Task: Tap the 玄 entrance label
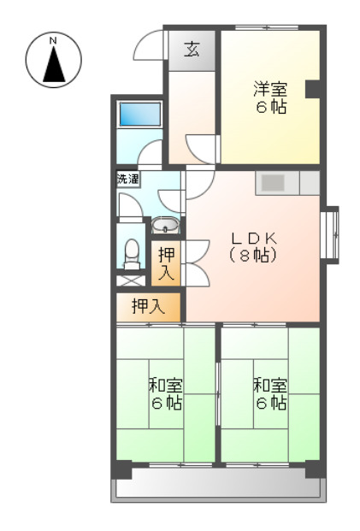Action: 192,50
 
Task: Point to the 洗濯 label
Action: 128,180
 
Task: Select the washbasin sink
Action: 165,227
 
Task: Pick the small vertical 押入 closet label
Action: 167,263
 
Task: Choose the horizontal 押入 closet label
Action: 149,306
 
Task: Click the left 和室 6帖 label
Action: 166,393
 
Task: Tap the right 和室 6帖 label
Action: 269,393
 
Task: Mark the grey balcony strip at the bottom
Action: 218,489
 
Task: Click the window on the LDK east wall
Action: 332,233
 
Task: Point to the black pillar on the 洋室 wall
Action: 313,87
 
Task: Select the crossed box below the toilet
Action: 131,279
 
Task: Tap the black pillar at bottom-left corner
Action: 122,469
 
